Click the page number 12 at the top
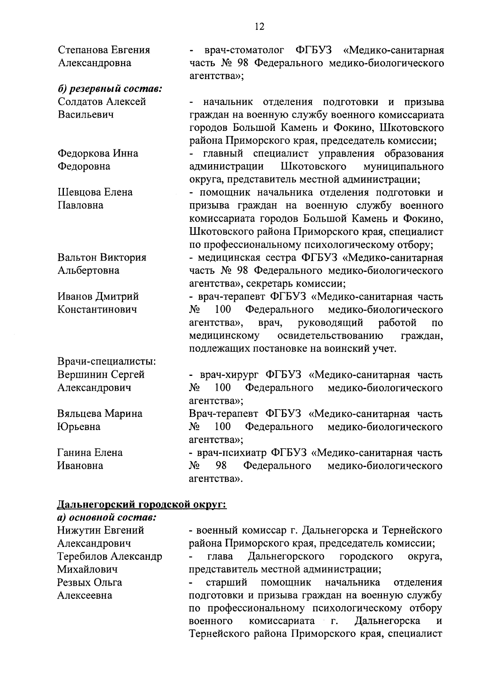259,27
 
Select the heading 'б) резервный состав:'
110,88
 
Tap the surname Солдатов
82,102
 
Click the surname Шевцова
79,192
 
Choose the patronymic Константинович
97,309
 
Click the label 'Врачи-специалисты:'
107,361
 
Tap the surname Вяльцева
80,413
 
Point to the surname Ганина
74,452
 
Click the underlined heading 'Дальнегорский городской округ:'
142,504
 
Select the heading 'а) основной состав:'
106,517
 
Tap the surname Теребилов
82,556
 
